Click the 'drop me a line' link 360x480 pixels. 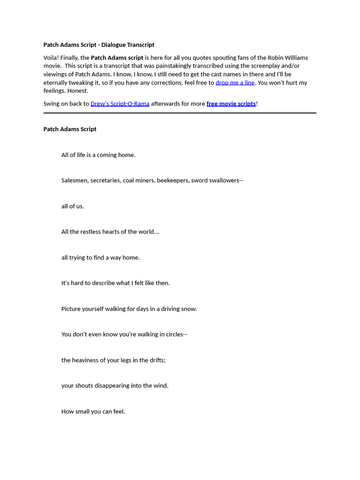click(x=235, y=82)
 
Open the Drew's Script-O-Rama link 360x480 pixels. click(x=120, y=104)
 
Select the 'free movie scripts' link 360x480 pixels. click(x=231, y=104)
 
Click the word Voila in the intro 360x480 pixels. click(x=51, y=58)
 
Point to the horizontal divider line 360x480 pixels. click(x=180, y=113)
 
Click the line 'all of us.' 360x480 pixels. click(x=73, y=206)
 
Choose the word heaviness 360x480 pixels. click(x=86, y=360)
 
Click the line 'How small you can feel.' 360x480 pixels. click(x=93, y=412)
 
